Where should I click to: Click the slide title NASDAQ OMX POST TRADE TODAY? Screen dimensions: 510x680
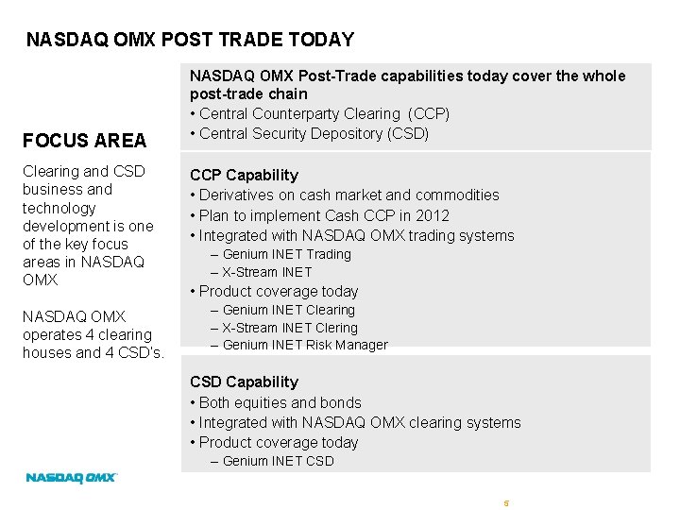tap(190, 40)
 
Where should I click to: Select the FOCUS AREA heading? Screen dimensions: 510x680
tap(85, 141)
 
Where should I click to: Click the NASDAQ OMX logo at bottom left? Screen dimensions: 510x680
tap(71, 478)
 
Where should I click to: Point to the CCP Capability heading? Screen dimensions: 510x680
tap(244, 175)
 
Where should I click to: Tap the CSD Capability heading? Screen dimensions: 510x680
tap(244, 382)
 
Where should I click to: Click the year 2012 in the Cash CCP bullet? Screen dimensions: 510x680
tap(432, 215)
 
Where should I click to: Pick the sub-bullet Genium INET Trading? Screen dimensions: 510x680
tap(286, 254)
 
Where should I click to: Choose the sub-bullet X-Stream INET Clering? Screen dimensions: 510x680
tap(290, 328)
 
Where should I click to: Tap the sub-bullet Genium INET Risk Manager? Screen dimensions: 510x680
tap(304, 345)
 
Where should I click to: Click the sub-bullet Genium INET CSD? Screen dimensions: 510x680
tap(278, 461)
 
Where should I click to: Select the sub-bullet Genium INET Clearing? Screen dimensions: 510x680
tap(288, 310)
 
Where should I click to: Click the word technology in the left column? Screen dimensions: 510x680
tap(59, 208)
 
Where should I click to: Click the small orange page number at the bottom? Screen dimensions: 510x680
tap(506, 503)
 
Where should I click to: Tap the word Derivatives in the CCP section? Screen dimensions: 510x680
tap(238, 195)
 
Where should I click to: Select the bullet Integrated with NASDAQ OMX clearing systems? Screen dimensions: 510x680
tap(359, 422)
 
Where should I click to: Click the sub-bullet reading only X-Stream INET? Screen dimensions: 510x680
tap(267, 272)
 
